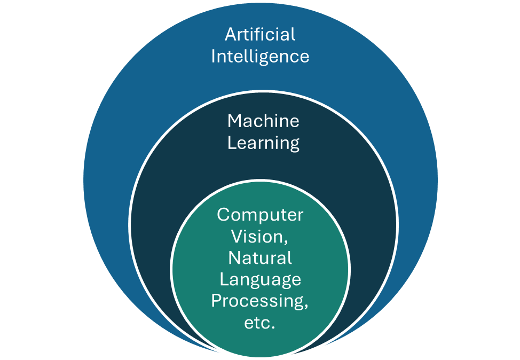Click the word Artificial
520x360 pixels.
(260, 35)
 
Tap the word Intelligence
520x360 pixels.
(260, 57)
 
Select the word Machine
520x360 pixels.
(263, 121)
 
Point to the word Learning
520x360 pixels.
(263, 144)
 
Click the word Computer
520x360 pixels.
(260, 215)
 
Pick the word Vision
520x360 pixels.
(258, 237)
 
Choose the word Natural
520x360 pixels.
(260, 258)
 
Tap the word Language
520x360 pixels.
(261, 280)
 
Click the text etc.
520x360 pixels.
(260, 323)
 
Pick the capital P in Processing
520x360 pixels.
(216, 301)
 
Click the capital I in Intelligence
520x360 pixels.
(214, 57)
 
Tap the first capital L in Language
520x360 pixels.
(224, 279)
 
